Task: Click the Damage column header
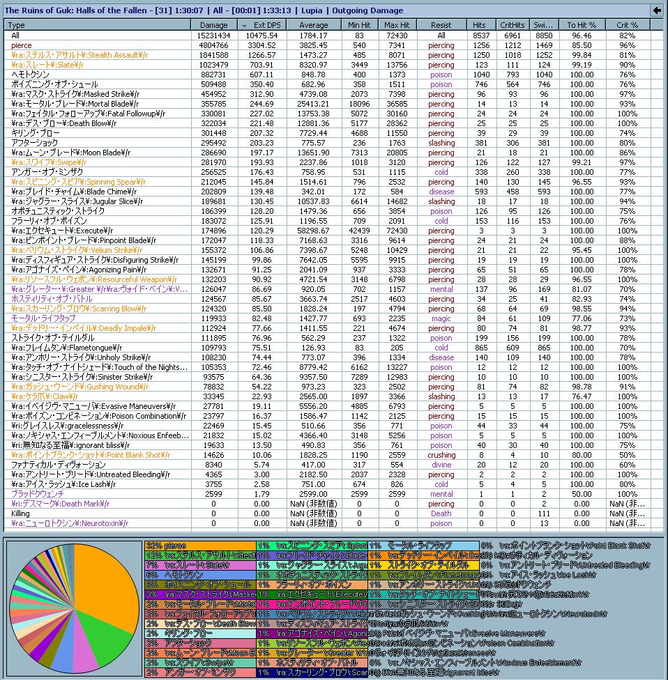coord(213,25)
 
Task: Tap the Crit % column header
coord(627,25)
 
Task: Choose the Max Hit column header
coord(397,25)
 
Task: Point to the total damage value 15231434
coord(213,36)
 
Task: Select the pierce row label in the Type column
coord(22,45)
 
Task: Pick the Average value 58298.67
coord(313,231)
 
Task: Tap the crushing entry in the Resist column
coord(441,455)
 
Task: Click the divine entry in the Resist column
coord(441,465)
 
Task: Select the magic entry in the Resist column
coord(441,318)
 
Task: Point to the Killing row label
coord(21,513)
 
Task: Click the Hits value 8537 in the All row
coord(479,36)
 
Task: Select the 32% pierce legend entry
coord(167,546)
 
